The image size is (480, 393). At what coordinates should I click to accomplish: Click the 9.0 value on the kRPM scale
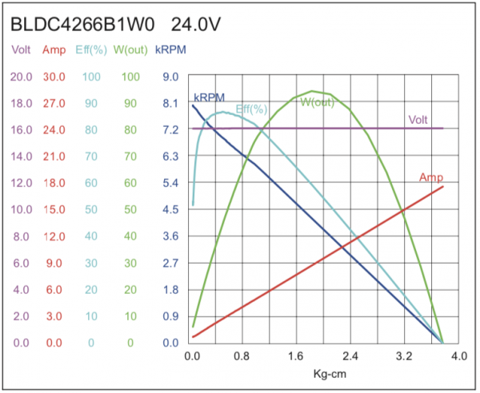pyautogui.click(x=170, y=77)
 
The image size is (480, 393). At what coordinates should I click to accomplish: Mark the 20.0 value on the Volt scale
pyautogui.click(x=21, y=77)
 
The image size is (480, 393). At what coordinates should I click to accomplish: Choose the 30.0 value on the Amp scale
pyautogui.click(x=54, y=77)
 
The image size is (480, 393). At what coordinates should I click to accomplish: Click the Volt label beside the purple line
pyautogui.click(x=418, y=120)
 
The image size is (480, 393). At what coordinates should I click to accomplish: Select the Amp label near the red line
pyautogui.click(x=431, y=177)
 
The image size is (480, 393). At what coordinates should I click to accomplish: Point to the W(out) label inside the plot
pyautogui.click(x=318, y=101)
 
